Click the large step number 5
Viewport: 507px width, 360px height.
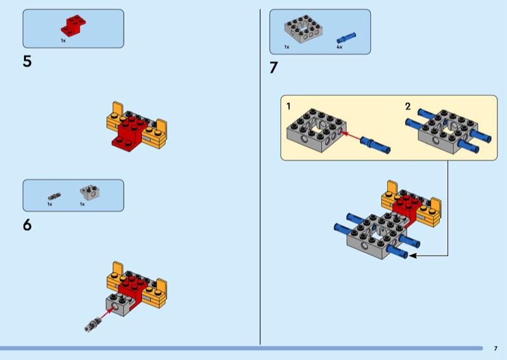(x=27, y=61)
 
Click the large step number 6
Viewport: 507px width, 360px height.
(x=27, y=225)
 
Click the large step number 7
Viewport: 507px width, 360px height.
(x=274, y=68)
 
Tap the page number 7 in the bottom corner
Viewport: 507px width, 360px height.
(x=496, y=349)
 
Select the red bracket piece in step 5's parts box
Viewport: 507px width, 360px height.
(x=74, y=25)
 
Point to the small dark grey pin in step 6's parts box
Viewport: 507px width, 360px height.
(x=55, y=196)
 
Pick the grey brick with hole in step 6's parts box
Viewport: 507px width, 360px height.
(x=90, y=193)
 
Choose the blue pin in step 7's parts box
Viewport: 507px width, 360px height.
(x=346, y=38)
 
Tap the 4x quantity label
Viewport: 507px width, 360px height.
(x=339, y=48)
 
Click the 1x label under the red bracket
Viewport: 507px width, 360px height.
(x=63, y=41)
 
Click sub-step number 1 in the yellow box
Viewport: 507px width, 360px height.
(x=288, y=106)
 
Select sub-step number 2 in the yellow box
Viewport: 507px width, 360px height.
(x=408, y=106)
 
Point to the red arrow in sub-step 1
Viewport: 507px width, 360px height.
(x=351, y=136)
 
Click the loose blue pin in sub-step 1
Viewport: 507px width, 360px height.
(x=375, y=145)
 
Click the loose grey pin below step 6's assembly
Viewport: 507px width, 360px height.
(x=93, y=325)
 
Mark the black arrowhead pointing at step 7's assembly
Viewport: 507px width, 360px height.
(x=413, y=255)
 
